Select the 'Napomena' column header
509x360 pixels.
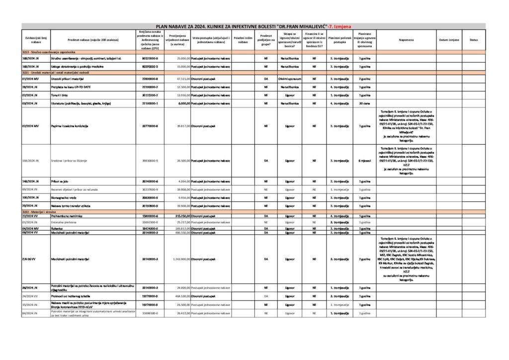(x=409, y=39)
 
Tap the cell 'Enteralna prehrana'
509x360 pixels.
(x=64, y=222)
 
